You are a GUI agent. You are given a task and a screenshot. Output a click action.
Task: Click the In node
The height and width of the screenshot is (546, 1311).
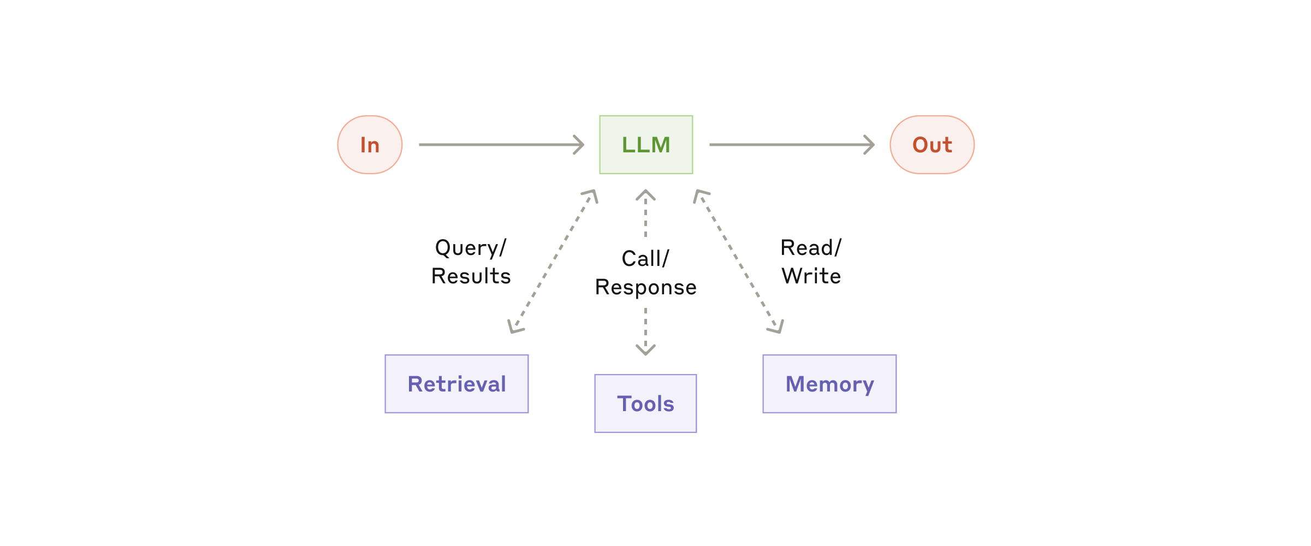tap(370, 145)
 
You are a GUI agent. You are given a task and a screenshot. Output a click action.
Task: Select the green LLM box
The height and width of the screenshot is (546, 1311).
tap(646, 145)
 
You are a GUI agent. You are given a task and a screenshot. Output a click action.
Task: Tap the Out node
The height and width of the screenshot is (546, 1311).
tap(932, 145)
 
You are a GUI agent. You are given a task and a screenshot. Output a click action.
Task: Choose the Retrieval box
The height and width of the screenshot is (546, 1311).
tap(456, 384)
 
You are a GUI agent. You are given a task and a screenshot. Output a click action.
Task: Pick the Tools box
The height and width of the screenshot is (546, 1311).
tap(645, 403)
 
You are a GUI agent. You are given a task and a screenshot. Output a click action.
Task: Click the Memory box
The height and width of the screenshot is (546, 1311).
tap(829, 384)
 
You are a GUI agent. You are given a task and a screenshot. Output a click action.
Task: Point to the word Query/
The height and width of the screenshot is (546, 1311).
tap(471, 248)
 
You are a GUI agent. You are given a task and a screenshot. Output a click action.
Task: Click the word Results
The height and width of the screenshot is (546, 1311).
tap(471, 276)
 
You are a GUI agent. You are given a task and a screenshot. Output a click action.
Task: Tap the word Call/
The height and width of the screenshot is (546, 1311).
tap(645, 259)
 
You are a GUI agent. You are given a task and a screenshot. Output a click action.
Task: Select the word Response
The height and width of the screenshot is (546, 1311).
tap(645, 287)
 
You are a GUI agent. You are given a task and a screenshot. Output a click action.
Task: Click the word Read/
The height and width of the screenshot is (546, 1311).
tap(811, 248)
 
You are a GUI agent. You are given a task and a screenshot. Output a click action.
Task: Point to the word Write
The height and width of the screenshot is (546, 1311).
tap(811, 276)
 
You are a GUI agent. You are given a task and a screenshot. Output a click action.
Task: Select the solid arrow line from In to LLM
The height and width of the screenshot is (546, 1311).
tap(497, 145)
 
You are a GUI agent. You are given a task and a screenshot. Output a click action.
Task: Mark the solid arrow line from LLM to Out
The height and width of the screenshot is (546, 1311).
tap(786, 145)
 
